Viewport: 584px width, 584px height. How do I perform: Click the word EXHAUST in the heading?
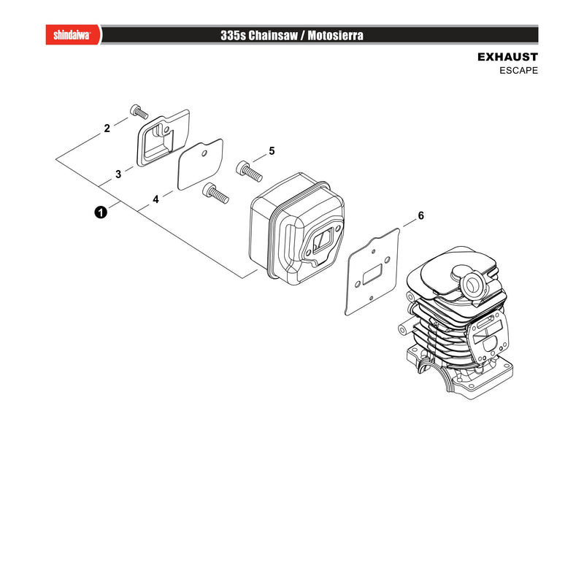[507, 57]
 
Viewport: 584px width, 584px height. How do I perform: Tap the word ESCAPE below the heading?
[518, 70]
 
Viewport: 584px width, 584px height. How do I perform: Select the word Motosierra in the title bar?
[335, 35]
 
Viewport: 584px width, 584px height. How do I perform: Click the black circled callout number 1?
[101, 212]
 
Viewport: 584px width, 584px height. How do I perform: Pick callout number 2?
[107, 128]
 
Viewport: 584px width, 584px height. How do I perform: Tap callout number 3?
[118, 174]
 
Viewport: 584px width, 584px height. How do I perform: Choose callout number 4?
[155, 199]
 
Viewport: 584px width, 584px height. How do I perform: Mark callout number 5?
[272, 151]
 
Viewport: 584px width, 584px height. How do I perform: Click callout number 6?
[421, 215]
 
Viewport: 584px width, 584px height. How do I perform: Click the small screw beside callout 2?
[139, 112]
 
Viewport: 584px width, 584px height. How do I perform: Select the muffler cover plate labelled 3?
[163, 138]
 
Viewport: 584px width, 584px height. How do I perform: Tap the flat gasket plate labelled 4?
[200, 164]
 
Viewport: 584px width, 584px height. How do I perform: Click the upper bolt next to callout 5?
[249, 171]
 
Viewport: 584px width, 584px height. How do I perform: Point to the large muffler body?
[297, 228]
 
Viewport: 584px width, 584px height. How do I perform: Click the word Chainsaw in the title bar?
[273, 35]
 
